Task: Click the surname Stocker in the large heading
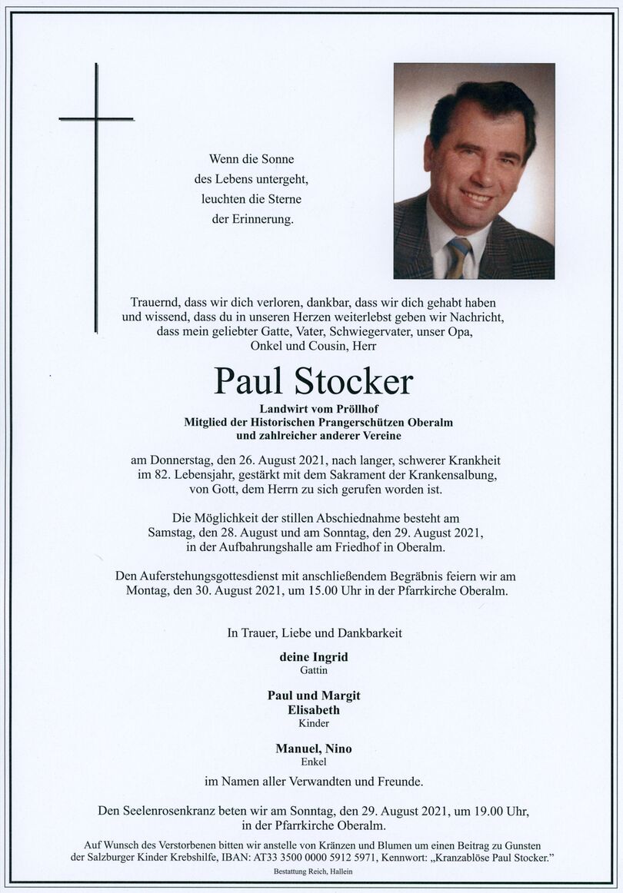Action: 353,380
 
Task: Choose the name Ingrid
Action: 330,656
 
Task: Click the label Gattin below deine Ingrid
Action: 314,669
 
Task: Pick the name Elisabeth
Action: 313,709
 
